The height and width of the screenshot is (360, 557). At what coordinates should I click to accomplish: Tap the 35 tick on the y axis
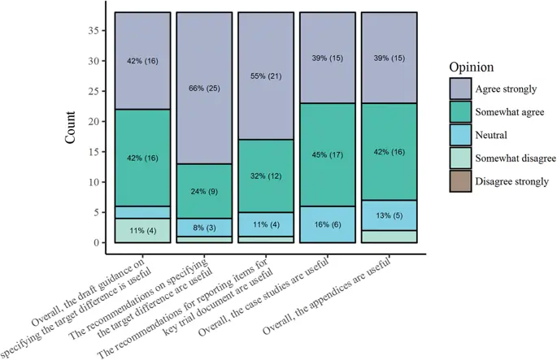[x=98, y=30]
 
